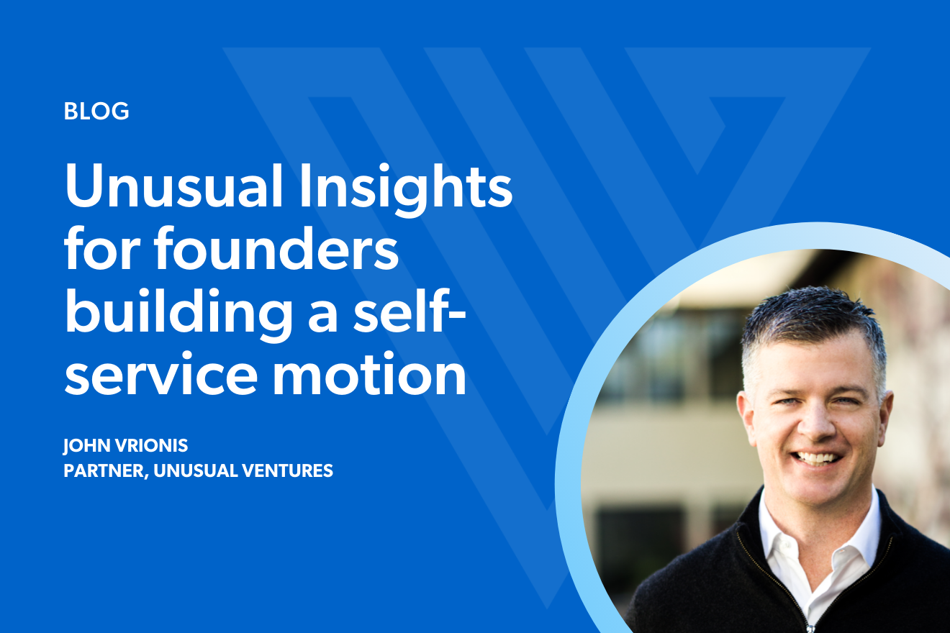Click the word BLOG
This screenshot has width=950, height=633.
(x=96, y=111)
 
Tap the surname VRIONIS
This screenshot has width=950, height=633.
(x=152, y=446)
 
